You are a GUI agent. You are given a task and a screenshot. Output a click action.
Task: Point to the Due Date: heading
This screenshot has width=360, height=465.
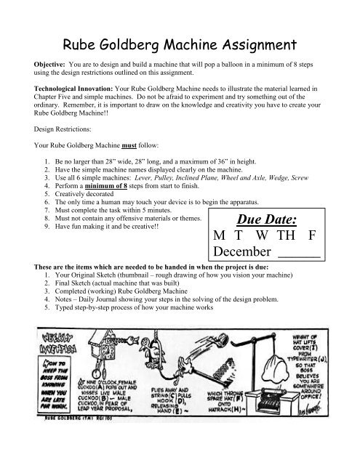[268, 219]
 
